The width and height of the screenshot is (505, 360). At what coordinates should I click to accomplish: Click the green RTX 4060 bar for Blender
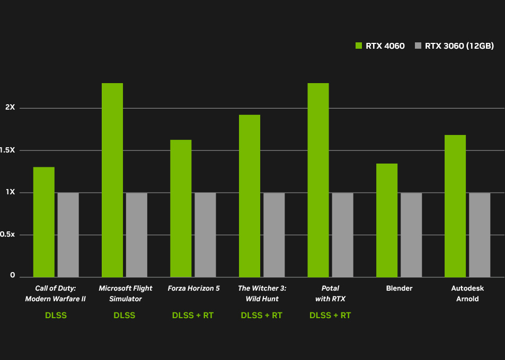point(387,220)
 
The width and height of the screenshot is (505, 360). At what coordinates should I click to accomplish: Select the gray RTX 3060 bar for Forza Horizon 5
point(205,235)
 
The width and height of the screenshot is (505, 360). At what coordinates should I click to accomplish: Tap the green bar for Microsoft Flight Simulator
point(112,180)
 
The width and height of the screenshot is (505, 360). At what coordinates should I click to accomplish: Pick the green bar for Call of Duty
point(44,222)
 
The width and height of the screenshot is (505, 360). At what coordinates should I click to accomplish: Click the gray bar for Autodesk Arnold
point(480,235)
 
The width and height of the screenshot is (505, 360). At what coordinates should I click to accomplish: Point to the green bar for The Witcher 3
point(250,196)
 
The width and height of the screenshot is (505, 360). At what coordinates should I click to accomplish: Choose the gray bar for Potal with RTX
point(342,235)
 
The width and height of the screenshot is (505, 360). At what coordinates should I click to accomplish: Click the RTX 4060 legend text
point(385,46)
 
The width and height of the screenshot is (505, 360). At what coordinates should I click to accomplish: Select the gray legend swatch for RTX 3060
point(418,46)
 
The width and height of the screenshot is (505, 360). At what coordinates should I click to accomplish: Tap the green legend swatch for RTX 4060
point(359,46)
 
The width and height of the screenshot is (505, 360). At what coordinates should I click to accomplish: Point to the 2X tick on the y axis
point(10,107)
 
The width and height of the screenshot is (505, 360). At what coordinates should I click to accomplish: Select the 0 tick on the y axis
point(12,276)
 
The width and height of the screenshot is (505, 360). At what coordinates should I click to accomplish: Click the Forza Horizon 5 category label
point(193,289)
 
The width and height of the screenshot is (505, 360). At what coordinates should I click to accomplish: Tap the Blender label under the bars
point(399,289)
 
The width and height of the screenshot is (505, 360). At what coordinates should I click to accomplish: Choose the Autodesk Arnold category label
point(467,294)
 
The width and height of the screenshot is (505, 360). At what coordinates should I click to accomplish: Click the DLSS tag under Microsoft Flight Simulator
point(124,316)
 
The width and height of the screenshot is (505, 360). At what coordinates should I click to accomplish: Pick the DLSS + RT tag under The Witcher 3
point(261,316)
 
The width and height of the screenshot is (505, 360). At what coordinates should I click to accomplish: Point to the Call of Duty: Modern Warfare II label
point(56,294)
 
